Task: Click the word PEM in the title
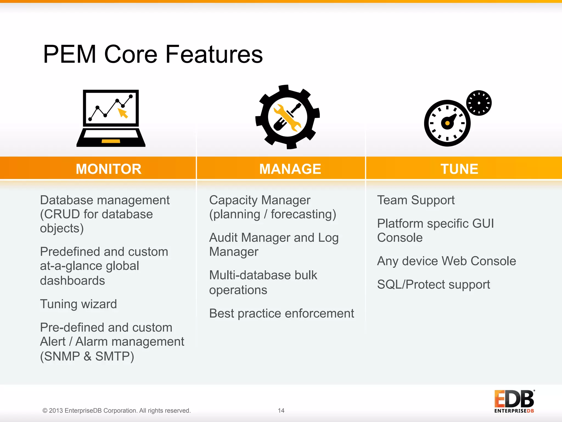pyautogui.click(x=69, y=54)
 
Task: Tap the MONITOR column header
pyautogui.click(x=109, y=169)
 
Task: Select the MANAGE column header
pyautogui.click(x=290, y=169)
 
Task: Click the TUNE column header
pyautogui.click(x=459, y=169)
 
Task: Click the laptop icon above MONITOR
pyautogui.click(x=111, y=118)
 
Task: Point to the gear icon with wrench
pyautogui.click(x=287, y=117)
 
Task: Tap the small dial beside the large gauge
pyautogui.click(x=479, y=103)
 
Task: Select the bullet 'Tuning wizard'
pyautogui.click(x=78, y=304)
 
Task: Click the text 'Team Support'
pyautogui.click(x=416, y=200)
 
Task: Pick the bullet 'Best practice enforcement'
pyautogui.click(x=282, y=313)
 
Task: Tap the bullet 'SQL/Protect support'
pyautogui.click(x=433, y=285)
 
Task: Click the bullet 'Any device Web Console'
pyautogui.click(x=446, y=261)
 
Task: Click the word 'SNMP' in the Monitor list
pyautogui.click(x=62, y=356)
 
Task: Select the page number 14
pyautogui.click(x=281, y=410)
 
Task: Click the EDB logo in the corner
pyautogui.click(x=514, y=401)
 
